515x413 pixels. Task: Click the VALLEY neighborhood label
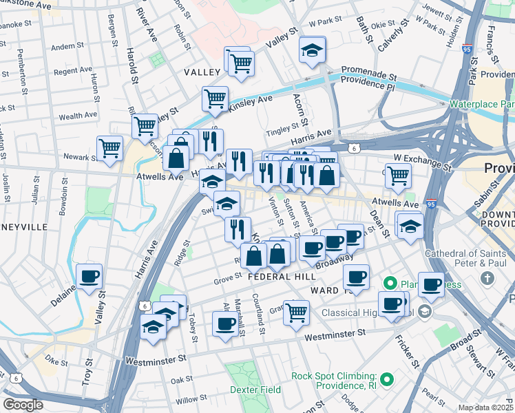coord(201,72)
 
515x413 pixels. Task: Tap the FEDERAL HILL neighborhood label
coord(282,276)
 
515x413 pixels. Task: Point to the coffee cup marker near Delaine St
coord(90,277)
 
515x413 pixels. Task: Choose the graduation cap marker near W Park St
coord(312,50)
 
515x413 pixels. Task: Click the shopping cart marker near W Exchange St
coord(398,175)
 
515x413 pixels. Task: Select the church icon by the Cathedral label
coord(487,279)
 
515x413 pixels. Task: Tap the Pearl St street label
coord(433,396)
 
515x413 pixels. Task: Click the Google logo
coord(23,405)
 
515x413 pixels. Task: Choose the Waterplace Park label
coord(481,104)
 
